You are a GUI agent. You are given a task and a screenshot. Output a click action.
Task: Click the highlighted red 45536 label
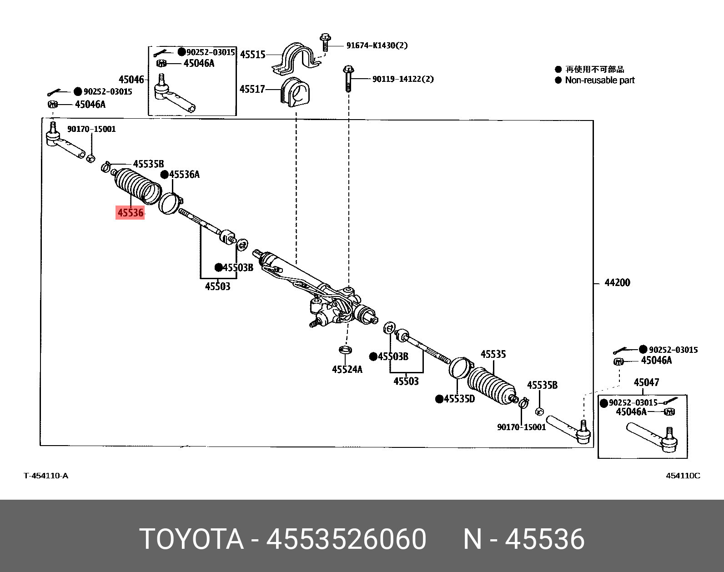(x=131, y=212)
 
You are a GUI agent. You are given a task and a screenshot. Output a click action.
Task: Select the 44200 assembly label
(x=617, y=283)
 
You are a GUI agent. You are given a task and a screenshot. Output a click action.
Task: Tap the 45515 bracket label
(x=252, y=55)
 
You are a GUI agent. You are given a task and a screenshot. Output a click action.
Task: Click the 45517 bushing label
(x=252, y=89)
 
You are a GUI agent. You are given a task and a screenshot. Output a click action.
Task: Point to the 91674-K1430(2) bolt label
(x=377, y=45)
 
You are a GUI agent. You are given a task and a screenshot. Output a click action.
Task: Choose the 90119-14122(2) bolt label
(x=402, y=79)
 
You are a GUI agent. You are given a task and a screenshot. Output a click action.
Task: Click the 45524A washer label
(x=347, y=369)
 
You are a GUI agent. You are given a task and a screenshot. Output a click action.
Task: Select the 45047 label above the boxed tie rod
(x=646, y=382)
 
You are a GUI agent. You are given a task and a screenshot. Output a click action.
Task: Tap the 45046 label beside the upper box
(x=131, y=80)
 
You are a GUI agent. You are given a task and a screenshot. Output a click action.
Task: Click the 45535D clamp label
(x=459, y=399)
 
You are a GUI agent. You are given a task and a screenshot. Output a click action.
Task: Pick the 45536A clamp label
(x=184, y=175)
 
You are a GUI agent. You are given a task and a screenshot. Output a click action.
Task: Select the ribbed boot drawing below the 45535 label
(x=491, y=385)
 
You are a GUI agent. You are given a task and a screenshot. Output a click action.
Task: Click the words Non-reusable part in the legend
(x=599, y=80)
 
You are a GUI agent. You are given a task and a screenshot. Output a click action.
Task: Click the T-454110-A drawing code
(x=46, y=476)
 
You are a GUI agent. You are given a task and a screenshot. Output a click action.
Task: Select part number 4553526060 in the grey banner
(x=346, y=539)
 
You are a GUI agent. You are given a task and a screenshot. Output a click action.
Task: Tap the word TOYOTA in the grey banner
(x=191, y=539)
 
